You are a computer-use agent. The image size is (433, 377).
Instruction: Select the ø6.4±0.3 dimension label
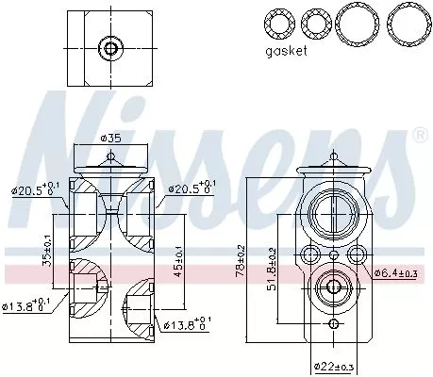click(x=394, y=273)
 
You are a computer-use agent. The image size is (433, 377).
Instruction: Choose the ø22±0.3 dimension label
click(x=333, y=365)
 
